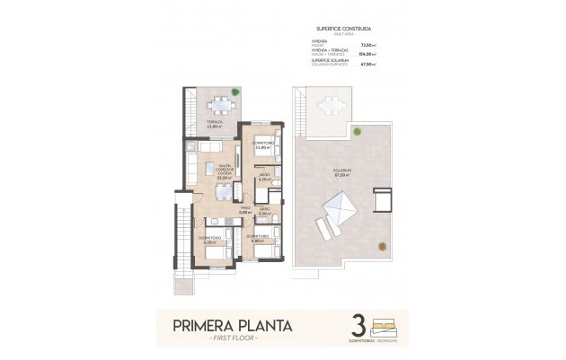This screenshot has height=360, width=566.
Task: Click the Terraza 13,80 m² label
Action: pos(215,124)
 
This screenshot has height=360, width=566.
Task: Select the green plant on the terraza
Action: pos(234,91)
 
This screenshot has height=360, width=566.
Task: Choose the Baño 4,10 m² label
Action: pos(264,178)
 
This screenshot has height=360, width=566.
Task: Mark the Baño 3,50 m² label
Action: pos(264,213)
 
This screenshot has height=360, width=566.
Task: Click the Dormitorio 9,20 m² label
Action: pos(212,240)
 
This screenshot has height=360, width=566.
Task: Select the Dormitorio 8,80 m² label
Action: pos(256,239)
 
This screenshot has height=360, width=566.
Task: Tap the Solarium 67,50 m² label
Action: pos(340,174)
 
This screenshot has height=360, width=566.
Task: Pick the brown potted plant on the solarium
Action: pos(357,132)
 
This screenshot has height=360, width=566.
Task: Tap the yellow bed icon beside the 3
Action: pos(384,320)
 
